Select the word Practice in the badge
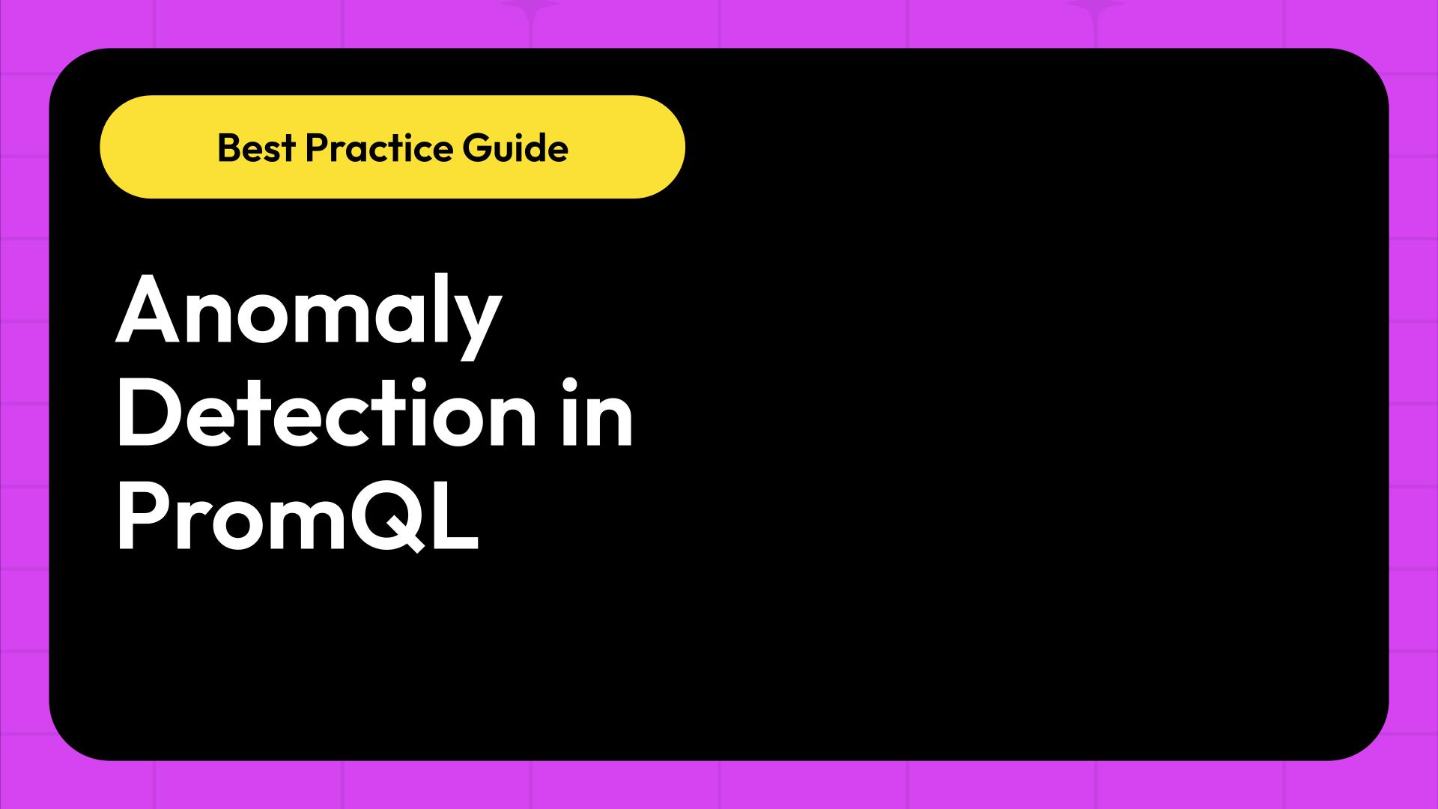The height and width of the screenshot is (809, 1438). point(379,148)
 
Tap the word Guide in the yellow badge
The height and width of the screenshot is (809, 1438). point(515,148)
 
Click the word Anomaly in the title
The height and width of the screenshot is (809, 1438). point(307,311)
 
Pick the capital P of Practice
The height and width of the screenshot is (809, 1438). point(315,148)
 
